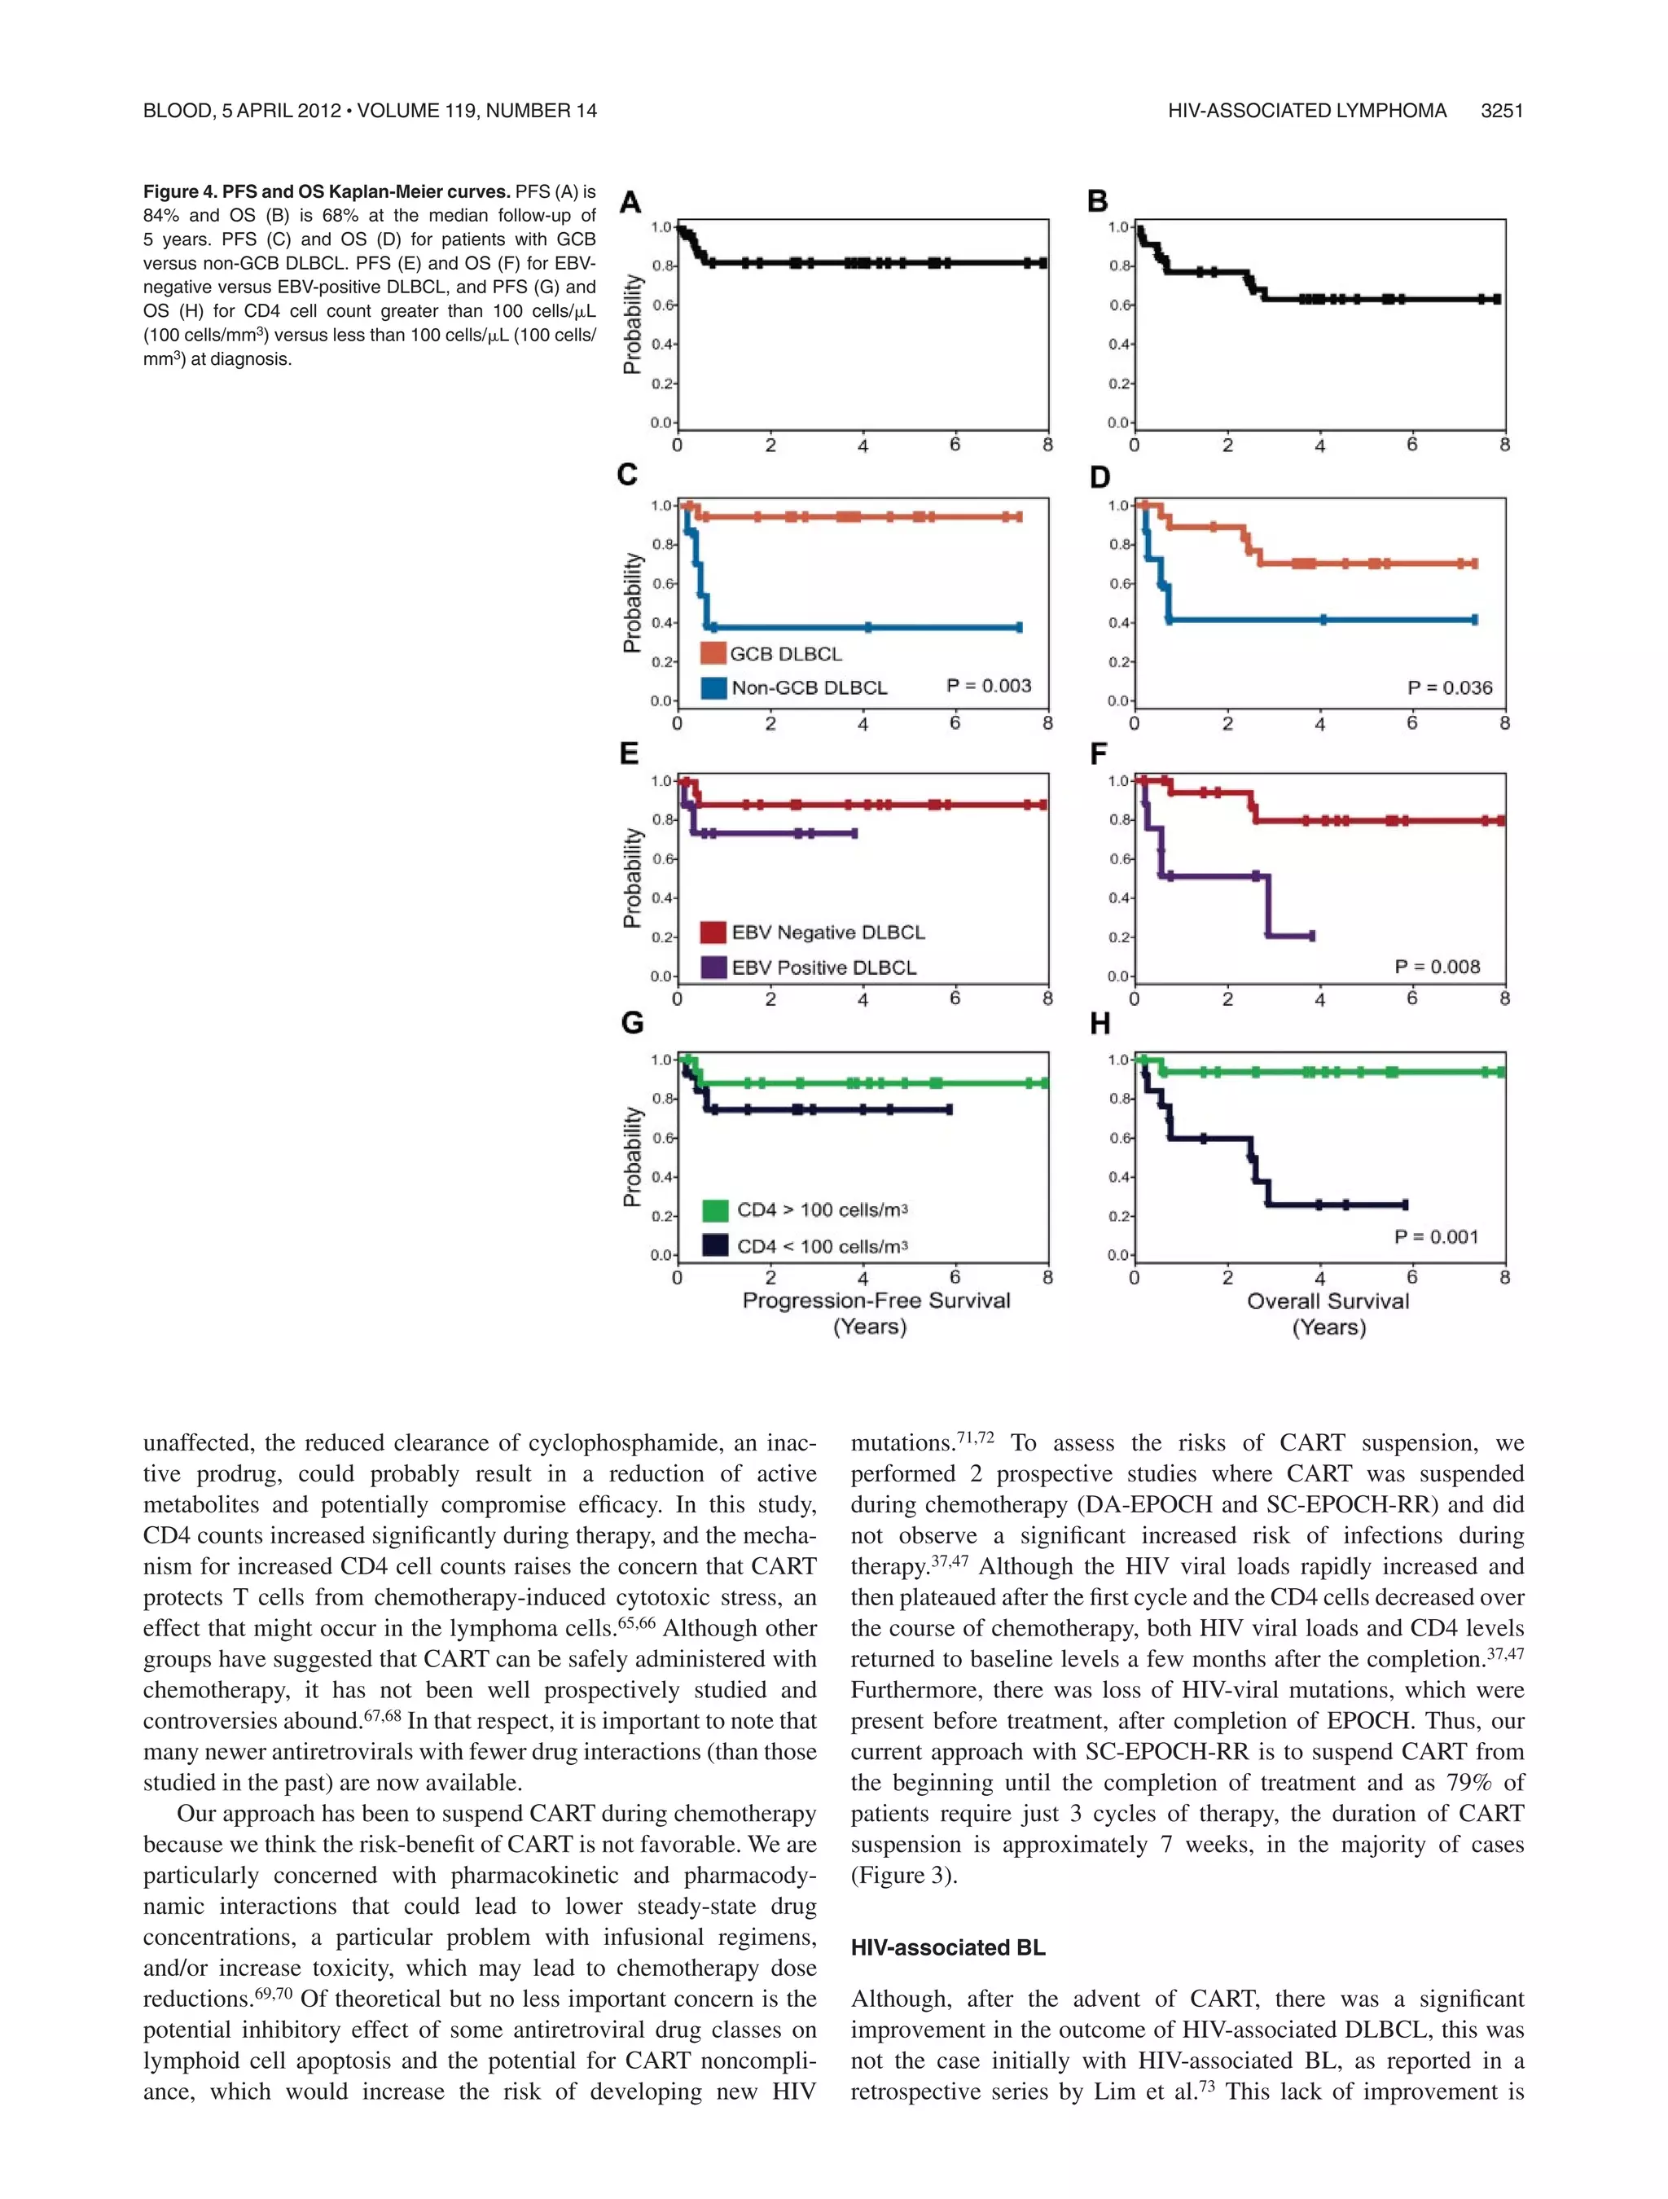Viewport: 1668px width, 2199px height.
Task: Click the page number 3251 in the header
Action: (x=1501, y=110)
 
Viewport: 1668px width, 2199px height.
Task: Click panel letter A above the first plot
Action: (x=630, y=203)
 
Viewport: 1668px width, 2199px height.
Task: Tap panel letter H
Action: (x=1100, y=1024)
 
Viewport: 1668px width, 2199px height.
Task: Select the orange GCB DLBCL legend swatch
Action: (x=713, y=653)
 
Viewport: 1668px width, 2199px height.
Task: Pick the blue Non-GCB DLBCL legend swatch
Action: (x=713, y=687)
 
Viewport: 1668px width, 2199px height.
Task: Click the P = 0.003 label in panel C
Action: (x=988, y=685)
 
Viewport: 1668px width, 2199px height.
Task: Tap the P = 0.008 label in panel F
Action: (x=1437, y=966)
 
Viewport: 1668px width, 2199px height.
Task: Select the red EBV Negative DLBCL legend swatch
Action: (x=713, y=932)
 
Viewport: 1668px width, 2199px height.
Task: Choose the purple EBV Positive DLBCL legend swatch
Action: (x=713, y=968)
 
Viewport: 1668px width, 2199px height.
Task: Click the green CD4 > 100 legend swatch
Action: (x=715, y=1209)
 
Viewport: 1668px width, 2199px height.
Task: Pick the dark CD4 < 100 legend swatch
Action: (x=715, y=1245)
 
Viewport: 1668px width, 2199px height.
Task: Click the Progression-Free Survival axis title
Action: (x=875, y=1301)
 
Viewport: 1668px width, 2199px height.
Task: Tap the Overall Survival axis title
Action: (x=1328, y=1301)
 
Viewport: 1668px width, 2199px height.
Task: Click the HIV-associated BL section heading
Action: (x=947, y=1947)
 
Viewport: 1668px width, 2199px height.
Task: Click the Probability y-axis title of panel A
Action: (x=631, y=324)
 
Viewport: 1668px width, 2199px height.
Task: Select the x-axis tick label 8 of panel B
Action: (x=1504, y=446)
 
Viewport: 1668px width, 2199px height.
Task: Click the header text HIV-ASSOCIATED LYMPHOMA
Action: (x=1306, y=110)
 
